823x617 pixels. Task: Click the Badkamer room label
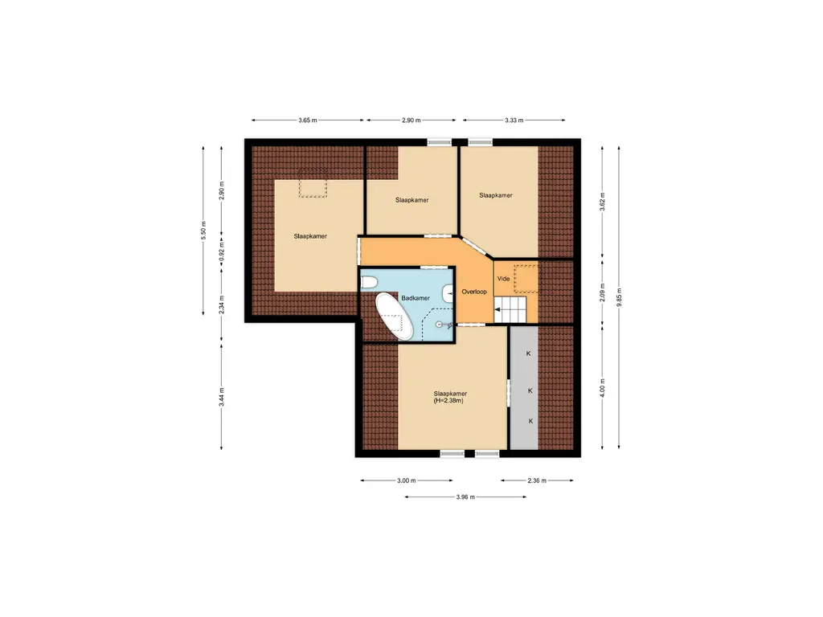pos(416,298)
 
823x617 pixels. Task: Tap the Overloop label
pos(475,292)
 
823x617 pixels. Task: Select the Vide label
pos(503,279)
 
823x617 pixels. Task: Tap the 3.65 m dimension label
pos(307,121)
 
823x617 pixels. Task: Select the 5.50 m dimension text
pos(204,231)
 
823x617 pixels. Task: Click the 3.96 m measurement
pos(465,497)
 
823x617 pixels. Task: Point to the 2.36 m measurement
pos(536,480)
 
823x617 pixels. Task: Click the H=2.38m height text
pos(449,401)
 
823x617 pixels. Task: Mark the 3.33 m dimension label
pos(514,121)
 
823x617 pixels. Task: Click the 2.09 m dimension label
pos(603,292)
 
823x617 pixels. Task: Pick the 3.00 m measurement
pos(407,480)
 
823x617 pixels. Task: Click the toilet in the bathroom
pos(370,282)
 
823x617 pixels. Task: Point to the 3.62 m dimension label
pos(603,201)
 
